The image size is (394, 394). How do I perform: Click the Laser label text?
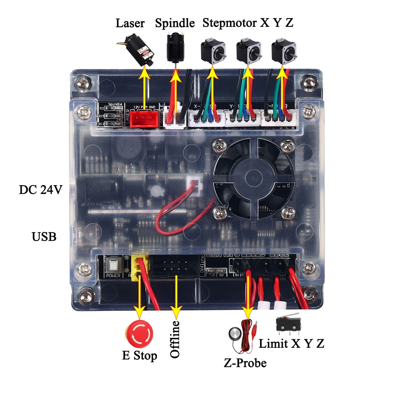coord(130,23)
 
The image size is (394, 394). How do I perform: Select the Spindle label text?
coord(175,23)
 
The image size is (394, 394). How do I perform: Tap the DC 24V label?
coord(41,190)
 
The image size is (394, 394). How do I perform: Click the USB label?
coord(44,237)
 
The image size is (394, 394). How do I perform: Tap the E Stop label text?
coord(139,356)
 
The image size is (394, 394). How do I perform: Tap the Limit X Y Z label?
coord(291,343)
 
